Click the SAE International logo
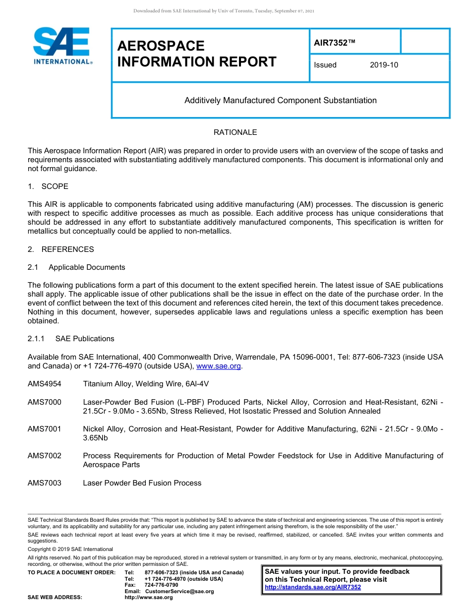point(61,46)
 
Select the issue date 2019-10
point(383,65)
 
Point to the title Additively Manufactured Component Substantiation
point(280,101)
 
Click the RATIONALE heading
point(235,132)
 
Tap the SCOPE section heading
point(55,186)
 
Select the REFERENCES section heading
point(67,249)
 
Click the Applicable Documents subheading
point(87,267)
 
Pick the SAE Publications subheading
point(84,339)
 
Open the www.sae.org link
point(219,366)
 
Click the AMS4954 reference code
point(45,384)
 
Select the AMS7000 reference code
point(45,402)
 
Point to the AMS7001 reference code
point(45,429)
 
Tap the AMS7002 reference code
point(45,456)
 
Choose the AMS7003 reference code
point(45,483)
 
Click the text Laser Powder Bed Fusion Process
point(142,483)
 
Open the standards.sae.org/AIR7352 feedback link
point(313,587)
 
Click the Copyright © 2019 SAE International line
point(70,549)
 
